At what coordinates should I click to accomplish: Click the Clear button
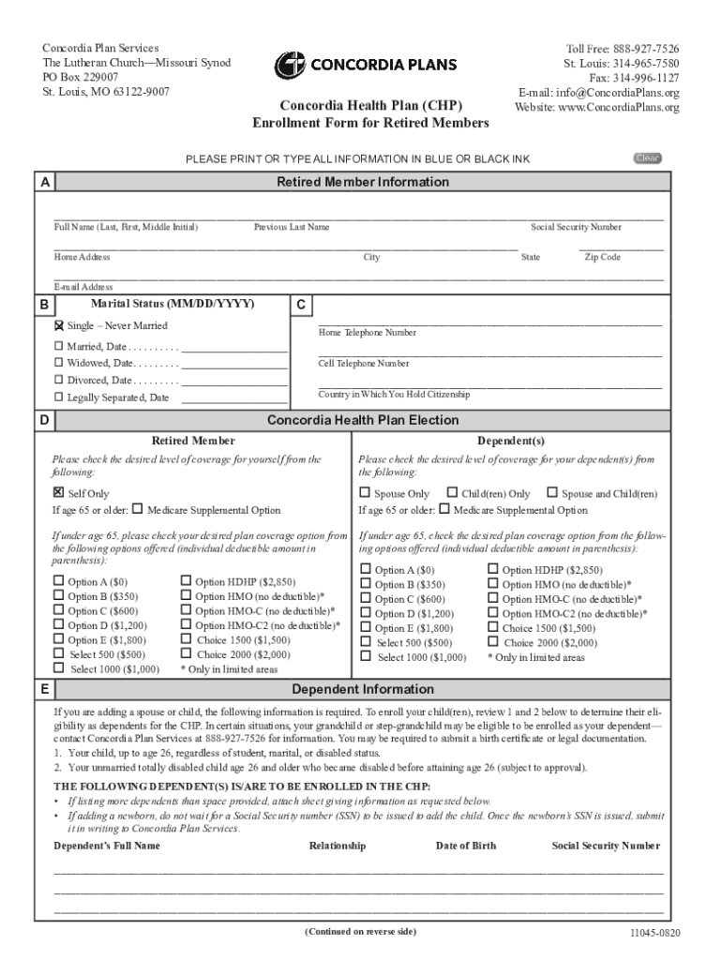point(647,158)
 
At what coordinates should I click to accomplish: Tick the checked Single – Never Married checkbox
point(59,326)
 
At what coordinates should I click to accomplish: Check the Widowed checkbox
point(58,363)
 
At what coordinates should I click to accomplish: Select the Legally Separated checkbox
point(58,397)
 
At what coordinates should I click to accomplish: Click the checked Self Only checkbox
point(58,492)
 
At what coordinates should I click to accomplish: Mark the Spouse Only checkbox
point(365,493)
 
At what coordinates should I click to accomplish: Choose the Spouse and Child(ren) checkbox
point(551,493)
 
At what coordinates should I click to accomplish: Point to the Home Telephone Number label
point(368,333)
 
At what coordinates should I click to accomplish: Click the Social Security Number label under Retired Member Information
point(576,227)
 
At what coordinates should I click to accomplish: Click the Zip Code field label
point(602,257)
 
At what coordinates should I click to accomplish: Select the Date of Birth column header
point(466,846)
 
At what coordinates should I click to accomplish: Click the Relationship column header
point(337,846)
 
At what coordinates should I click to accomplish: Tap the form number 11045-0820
point(654,935)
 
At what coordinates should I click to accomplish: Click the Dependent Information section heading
point(362,690)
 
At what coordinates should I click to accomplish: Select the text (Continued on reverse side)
point(360,931)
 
